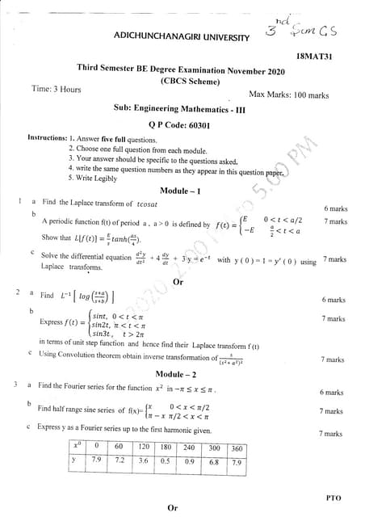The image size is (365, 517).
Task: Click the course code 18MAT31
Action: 314,57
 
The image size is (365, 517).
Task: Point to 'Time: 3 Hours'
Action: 56,89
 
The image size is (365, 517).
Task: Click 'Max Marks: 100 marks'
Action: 288,95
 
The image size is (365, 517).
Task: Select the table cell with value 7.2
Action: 120,459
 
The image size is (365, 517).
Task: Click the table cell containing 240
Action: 189,447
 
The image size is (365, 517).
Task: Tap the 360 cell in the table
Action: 237,448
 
